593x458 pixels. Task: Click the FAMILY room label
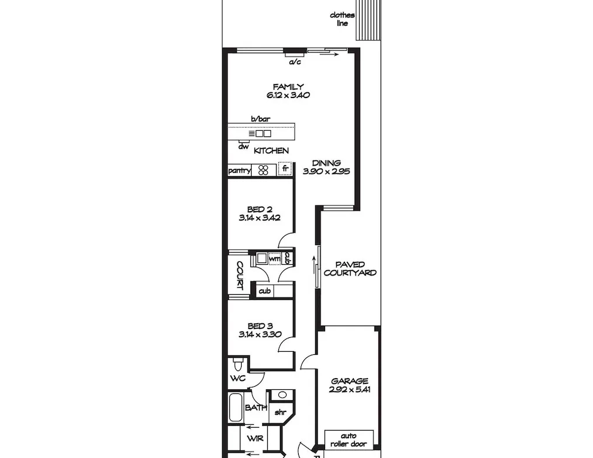click(x=288, y=86)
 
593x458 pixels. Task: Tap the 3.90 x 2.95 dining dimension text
click(x=326, y=172)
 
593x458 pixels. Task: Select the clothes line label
click(x=342, y=19)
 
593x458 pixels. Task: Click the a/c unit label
click(x=295, y=62)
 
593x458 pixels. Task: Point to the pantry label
click(x=240, y=170)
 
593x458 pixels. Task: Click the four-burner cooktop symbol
click(x=264, y=170)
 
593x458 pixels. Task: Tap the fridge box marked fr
click(x=285, y=169)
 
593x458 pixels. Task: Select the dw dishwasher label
click(x=243, y=146)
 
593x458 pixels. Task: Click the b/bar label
click(x=260, y=119)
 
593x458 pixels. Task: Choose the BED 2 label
click(x=260, y=209)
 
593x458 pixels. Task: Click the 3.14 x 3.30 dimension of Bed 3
click(x=260, y=334)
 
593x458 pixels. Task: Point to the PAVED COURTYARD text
click(x=350, y=269)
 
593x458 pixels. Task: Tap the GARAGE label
click(x=350, y=381)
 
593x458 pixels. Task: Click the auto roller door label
click(x=348, y=440)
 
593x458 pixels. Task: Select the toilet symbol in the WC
click(x=238, y=364)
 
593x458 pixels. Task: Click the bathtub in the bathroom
click(x=236, y=408)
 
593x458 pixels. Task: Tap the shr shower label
click(x=280, y=412)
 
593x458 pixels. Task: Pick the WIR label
click(x=255, y=439)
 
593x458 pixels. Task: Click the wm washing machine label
click(x=274, y=259)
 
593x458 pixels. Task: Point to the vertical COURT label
click(x=239, y=275)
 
